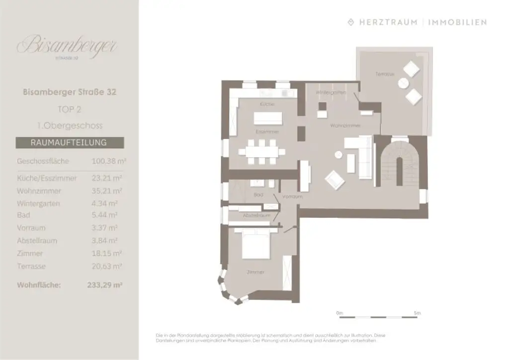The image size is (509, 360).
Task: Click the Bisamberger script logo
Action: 67,46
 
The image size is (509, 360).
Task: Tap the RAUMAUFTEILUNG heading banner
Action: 69,142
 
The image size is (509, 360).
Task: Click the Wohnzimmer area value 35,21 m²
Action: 107,191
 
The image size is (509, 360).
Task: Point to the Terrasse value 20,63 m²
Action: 107,267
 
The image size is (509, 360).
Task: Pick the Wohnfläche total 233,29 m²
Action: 104,285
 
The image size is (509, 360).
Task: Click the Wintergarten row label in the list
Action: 38,204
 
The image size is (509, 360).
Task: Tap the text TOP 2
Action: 70,109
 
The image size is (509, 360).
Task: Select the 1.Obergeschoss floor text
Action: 70,126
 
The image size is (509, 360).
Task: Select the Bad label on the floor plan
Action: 258,195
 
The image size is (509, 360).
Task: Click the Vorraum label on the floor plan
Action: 292,197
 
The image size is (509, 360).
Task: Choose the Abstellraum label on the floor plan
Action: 256,216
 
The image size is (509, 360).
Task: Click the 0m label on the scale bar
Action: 339,313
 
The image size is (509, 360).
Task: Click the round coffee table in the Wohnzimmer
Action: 339,155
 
